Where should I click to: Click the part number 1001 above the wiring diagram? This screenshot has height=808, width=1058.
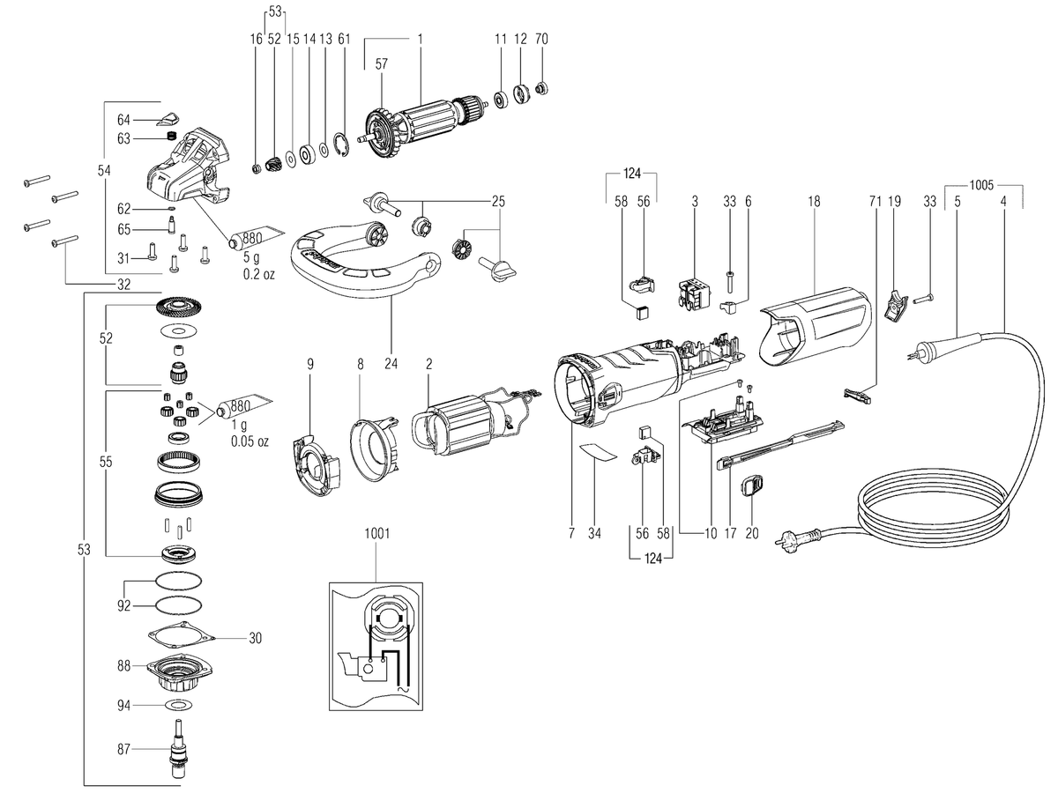point(377,534)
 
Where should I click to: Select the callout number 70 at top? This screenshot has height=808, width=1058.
point(541,39)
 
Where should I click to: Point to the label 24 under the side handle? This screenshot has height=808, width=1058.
point(391,364)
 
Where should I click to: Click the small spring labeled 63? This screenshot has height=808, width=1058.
point(171,137)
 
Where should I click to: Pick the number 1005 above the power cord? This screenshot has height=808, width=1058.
point(982,185)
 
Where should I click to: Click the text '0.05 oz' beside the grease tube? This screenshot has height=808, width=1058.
point(250,441)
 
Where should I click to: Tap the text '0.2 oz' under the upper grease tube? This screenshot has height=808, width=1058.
point(259,274)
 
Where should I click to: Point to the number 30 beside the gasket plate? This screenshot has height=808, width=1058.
point(255,639)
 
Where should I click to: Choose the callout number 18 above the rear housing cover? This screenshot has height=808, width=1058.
point(814,201)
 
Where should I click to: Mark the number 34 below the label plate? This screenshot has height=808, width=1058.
point(594,533)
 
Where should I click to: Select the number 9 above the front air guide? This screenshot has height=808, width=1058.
point(310,364)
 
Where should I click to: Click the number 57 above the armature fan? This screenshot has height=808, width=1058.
point(381,64)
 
